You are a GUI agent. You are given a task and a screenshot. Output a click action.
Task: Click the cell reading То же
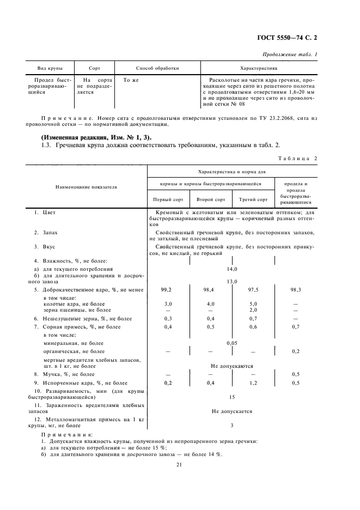tap(131, 80)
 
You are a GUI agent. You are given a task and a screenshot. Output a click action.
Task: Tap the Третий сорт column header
tap(253, 199)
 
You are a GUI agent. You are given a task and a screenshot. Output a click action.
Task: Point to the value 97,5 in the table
tap(253, 290)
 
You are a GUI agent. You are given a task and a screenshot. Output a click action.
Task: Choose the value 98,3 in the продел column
tap(296, 290)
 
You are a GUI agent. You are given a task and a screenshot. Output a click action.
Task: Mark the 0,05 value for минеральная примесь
tap(232, 344)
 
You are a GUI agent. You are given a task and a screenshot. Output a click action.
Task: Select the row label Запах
tap(50, 232)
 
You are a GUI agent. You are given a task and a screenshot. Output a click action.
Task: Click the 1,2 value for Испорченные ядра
tap(253, 383)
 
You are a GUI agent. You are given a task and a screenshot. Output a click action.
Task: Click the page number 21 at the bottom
tap(178, 464)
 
